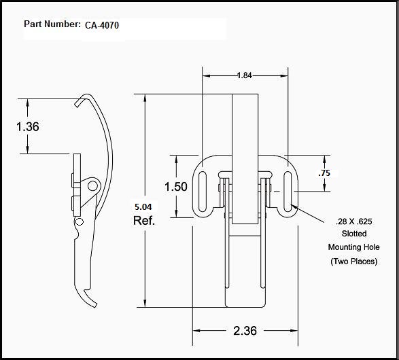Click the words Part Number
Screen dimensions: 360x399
coord(52,24)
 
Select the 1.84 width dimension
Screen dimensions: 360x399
coord(245,75)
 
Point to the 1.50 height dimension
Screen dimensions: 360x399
coord(175,186)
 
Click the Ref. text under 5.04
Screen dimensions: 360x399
coord(144,221)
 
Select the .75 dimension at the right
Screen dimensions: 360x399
coord(324,173)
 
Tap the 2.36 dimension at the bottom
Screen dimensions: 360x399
coord(245,331)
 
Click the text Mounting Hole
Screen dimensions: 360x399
coord(353,247)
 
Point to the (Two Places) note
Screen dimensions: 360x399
coord(353,262)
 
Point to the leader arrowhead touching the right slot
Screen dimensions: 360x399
coord(295,204)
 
